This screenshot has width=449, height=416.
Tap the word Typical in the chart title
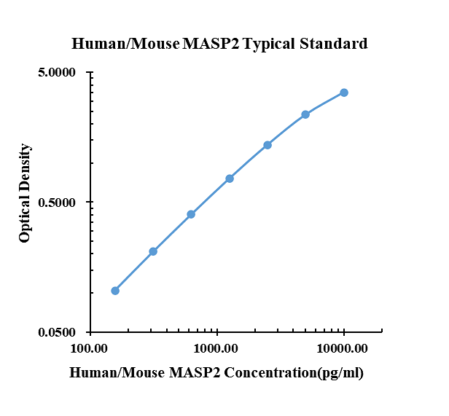[x=269, y=44]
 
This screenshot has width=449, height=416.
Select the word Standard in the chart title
[x=333, y=44]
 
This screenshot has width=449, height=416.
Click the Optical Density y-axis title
[x=26, y=193]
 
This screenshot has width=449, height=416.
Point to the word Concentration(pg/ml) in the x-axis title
[x=293, y=374]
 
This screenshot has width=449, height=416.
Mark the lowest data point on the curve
[x=115, y=291]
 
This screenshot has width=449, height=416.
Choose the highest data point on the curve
[x=344, y=93]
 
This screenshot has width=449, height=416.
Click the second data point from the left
[x=153, y=251]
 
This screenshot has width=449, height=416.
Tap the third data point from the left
[x=191, y=214]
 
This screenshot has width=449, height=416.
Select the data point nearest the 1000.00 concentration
[x=230, y=178]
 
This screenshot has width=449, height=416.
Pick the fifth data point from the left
[x=268, y=145]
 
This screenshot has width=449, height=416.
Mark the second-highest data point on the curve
[x=305, y=114]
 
